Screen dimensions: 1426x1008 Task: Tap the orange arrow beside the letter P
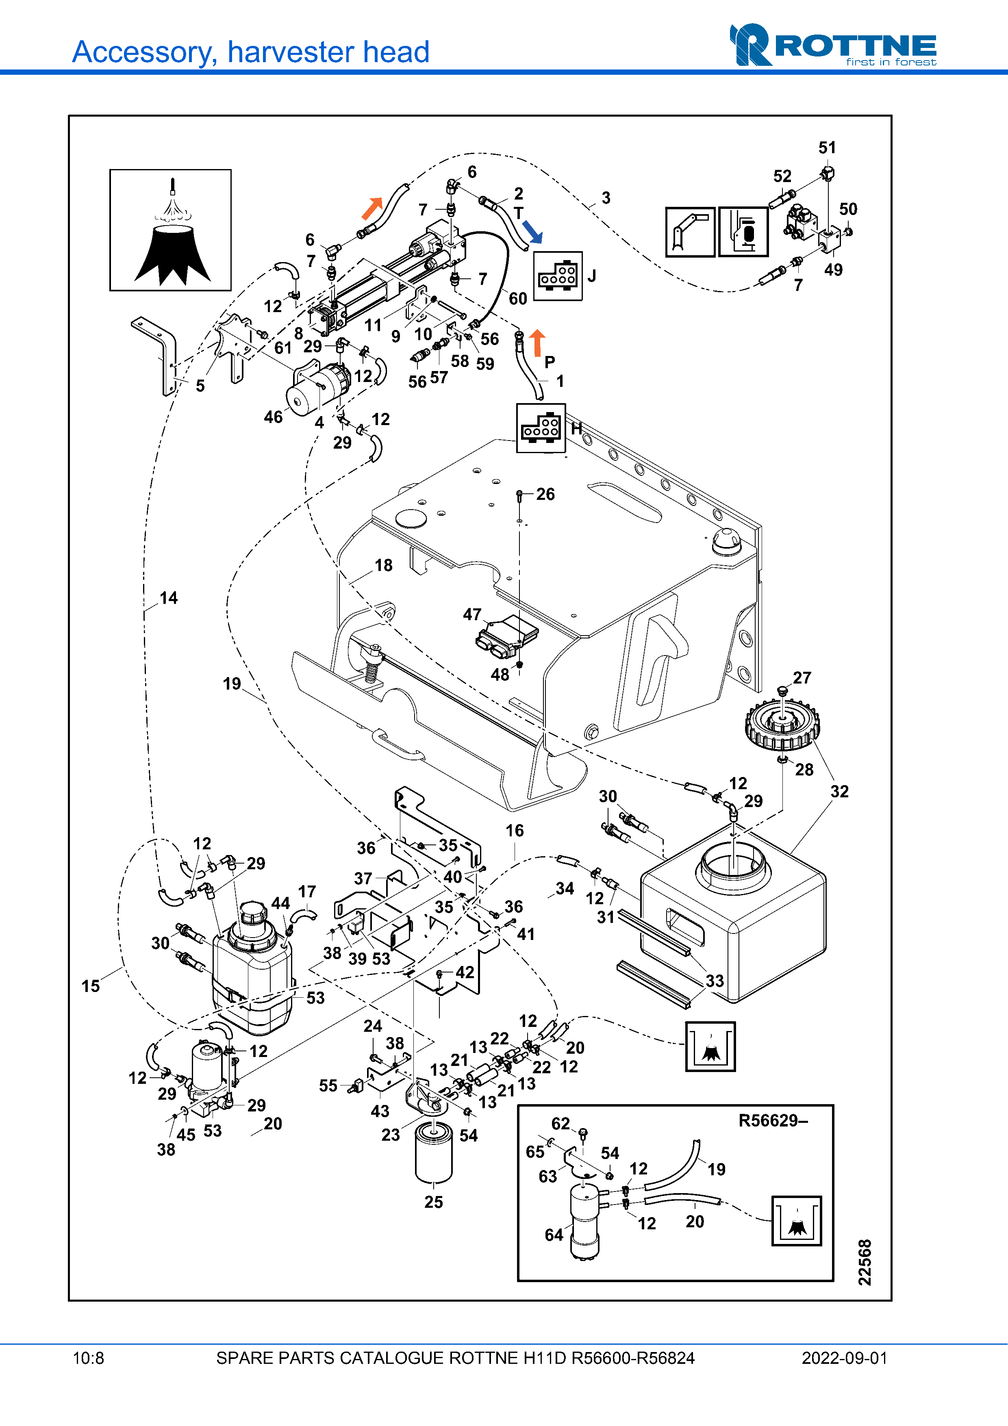[537, 343]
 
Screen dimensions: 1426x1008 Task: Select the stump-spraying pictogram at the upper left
[171, 230]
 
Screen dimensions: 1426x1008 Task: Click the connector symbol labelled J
[558, 276]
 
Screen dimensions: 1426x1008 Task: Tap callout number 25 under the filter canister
[434, 1202]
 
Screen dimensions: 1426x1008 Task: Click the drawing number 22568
[865, 1262]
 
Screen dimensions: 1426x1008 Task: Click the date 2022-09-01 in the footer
[844, 1358]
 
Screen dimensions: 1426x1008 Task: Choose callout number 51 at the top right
[827, 148]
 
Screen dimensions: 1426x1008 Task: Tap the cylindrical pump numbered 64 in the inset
[584, 1220]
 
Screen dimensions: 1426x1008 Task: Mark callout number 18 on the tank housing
[383, 565]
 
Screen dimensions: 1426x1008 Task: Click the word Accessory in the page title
[144, 52]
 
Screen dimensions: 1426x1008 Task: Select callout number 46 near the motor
[273, 417]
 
